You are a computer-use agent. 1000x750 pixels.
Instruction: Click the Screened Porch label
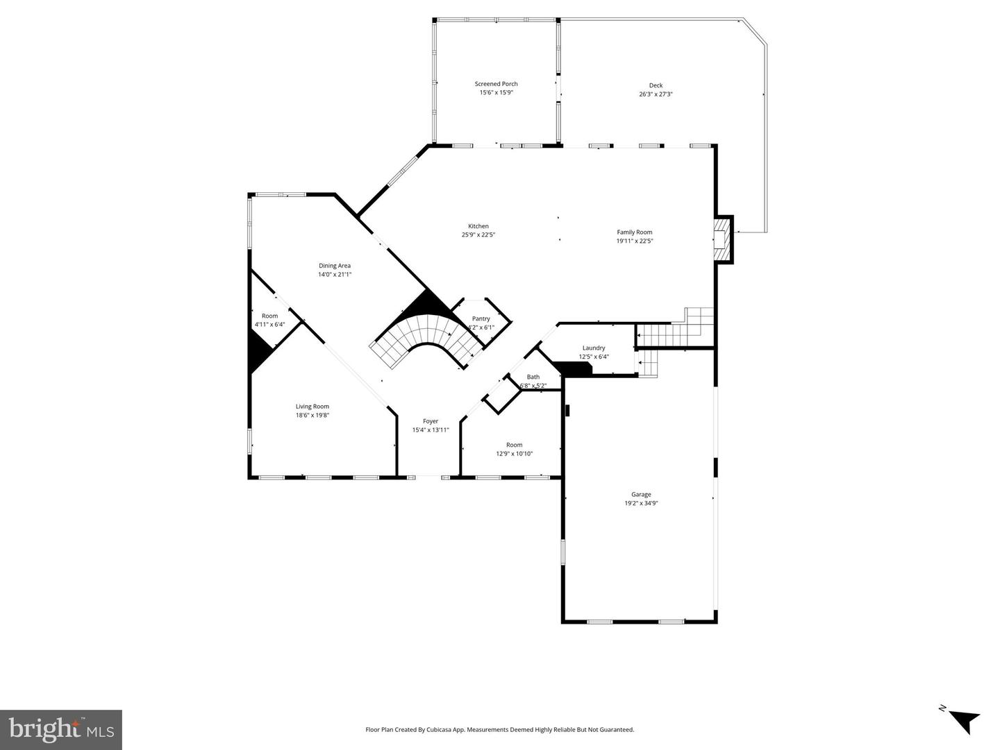496,84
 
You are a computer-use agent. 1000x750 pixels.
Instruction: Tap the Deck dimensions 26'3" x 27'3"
656,94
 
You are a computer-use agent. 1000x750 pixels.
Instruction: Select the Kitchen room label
478,226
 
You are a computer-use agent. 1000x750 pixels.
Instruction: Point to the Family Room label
634,232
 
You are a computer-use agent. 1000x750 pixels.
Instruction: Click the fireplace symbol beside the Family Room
723,239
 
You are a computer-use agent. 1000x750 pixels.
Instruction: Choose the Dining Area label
334,266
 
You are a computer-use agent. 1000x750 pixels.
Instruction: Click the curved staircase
424,340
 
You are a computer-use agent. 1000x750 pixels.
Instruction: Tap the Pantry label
481,319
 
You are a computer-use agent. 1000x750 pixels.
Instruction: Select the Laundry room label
593,348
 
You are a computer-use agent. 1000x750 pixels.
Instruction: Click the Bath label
533,377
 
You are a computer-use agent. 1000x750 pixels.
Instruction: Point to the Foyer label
431,421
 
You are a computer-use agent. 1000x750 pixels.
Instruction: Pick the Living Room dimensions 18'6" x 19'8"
312,416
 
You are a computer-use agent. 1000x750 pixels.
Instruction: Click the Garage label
640,495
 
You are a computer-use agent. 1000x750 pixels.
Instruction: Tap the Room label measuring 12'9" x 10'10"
514,445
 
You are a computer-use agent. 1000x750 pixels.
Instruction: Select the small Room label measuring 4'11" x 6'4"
269,316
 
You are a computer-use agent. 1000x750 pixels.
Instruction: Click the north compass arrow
962,720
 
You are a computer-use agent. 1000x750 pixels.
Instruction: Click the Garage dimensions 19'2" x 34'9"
640,504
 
